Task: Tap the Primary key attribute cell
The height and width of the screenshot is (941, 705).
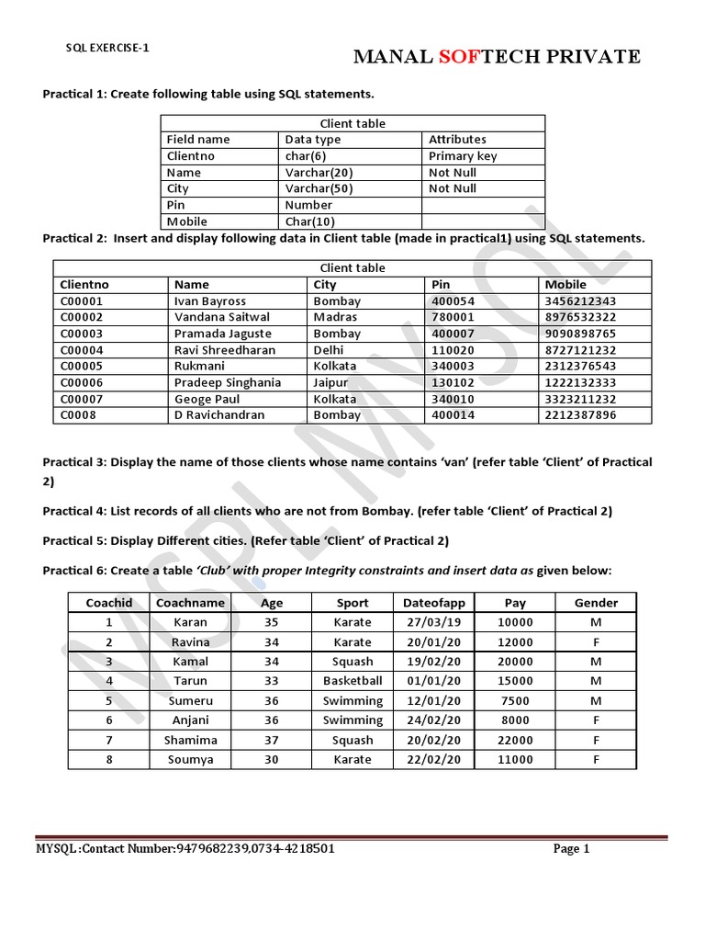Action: (463, 156)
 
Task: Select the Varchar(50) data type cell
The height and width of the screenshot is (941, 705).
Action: (319, 188)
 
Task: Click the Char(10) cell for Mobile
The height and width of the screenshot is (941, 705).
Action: (308, 221)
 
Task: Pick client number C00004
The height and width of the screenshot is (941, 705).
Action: (82, 350)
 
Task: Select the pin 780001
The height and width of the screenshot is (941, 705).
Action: (453, 317)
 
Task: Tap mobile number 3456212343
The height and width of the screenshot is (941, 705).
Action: (580, 301)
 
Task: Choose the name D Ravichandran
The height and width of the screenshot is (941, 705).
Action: (219, 415)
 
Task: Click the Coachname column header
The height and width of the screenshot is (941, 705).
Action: (191, 603)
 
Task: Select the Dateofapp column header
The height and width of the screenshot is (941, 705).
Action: (434, 603)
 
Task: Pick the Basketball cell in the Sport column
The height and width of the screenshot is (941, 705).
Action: (352, 681)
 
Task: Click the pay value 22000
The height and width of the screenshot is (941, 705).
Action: (514, 740)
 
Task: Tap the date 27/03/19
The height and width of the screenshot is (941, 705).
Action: (434, 622)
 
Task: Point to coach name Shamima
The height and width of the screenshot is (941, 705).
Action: (191, 740)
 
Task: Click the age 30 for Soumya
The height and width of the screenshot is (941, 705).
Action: (271, 760)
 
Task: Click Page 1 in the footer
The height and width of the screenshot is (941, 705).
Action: (571, 849)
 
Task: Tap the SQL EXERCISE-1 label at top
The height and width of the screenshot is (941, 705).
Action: (107, 48)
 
